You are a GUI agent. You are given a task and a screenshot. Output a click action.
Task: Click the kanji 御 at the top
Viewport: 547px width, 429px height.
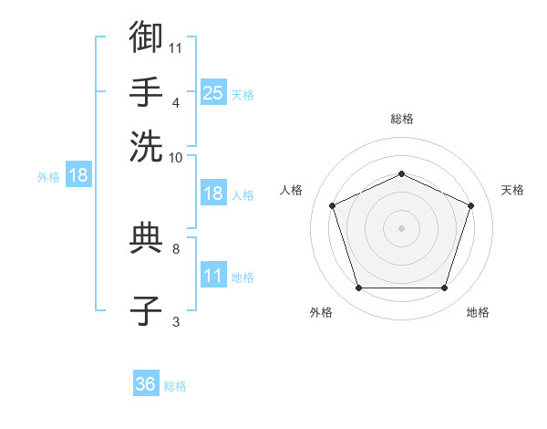(146, 37)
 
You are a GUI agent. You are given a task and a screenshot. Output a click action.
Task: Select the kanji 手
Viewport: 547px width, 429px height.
(146, 92)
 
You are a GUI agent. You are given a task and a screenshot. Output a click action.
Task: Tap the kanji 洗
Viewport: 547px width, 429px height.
(146, 147)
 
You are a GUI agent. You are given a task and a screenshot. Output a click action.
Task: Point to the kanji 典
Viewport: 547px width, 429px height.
(146, 238)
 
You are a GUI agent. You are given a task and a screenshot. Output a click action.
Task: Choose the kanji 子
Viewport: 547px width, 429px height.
(146, 310)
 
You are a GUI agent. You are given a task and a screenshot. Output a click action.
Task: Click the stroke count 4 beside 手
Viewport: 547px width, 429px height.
(176, 103)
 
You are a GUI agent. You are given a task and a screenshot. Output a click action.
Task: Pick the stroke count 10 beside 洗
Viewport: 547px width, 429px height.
(175, 158)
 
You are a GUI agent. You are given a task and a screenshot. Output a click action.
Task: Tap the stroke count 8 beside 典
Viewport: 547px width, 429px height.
(176, 249)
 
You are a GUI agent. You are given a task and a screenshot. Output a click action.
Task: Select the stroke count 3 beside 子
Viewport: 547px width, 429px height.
(176, 322)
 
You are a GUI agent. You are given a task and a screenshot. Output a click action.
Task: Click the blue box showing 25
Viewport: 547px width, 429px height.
(213, 92)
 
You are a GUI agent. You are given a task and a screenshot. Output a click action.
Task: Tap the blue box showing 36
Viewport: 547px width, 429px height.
(146, 382)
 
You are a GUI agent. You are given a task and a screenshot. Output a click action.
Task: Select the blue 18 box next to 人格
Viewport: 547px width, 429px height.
(213, 193)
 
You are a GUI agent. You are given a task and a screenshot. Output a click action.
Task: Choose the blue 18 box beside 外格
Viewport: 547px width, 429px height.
(78, 174)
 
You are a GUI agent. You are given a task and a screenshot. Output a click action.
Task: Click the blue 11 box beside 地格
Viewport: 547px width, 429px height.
(213, 274)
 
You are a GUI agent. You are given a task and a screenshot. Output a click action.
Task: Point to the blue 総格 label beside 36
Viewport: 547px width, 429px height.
(175, 386)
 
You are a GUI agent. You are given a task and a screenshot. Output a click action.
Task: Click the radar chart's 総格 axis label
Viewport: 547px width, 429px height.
(402, 119)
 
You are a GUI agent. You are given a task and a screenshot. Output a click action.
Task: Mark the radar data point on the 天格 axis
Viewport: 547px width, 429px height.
(470, 205)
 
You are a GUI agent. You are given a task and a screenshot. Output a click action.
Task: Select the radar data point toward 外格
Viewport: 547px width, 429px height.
(359, 288)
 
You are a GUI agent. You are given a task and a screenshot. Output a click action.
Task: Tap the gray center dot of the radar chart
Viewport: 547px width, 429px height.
(401, 228)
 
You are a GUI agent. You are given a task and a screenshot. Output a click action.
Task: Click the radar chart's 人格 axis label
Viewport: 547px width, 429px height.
(291, 190)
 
